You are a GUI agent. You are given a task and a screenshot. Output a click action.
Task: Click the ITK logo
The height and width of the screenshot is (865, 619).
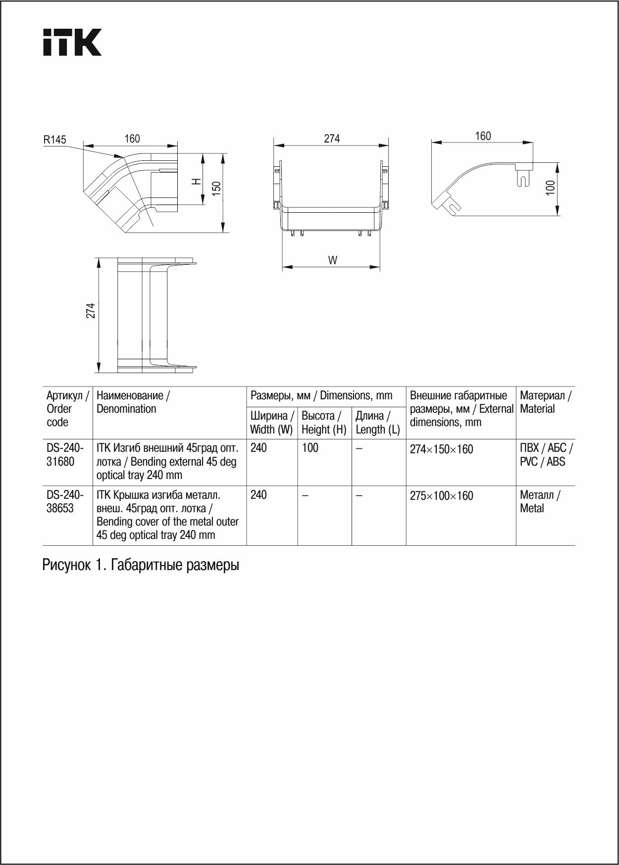coord(72,42)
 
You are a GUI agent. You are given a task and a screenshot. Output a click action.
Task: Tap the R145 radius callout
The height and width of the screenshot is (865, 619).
coord(54,140)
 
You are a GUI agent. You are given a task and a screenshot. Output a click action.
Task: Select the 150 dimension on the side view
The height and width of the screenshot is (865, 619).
coord(216,189)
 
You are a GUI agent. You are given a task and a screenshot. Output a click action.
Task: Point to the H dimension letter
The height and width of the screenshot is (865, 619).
coord(197,182)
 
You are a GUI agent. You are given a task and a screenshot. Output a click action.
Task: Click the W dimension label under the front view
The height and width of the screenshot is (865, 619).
coord(333,260)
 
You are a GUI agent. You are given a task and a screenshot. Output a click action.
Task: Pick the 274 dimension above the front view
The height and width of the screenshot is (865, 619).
coord(332,139)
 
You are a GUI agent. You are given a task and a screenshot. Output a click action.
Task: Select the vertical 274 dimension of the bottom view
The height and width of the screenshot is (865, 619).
coord(91,311)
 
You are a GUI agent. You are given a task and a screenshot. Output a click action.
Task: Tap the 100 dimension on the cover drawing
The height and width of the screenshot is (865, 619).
coord(551,188)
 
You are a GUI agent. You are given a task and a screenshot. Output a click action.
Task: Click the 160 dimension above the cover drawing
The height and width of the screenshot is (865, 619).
coord(483,136)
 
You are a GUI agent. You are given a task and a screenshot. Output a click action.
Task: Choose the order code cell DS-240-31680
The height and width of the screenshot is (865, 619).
coord(65,455)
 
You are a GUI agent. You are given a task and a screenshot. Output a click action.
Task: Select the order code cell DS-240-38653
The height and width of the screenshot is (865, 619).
coord(65,501)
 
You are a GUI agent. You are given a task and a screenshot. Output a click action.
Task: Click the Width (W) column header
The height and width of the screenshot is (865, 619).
coord(271,423)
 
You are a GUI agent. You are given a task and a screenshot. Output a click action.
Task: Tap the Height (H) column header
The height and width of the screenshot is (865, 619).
coord(324,423)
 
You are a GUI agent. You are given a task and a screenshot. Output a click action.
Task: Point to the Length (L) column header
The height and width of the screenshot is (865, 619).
coord(377,423)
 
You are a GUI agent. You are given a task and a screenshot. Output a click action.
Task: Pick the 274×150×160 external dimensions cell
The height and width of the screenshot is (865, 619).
coord(441,449)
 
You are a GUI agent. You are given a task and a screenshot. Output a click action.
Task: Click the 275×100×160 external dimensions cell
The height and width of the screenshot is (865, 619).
coord(441,496)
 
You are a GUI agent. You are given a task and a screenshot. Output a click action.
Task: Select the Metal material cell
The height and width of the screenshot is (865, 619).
coord(540,501)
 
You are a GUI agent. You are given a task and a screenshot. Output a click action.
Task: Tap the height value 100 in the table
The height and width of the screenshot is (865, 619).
coord(310,448)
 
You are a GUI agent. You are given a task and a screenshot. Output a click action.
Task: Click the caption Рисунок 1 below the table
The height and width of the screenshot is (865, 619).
coord(141,565)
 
